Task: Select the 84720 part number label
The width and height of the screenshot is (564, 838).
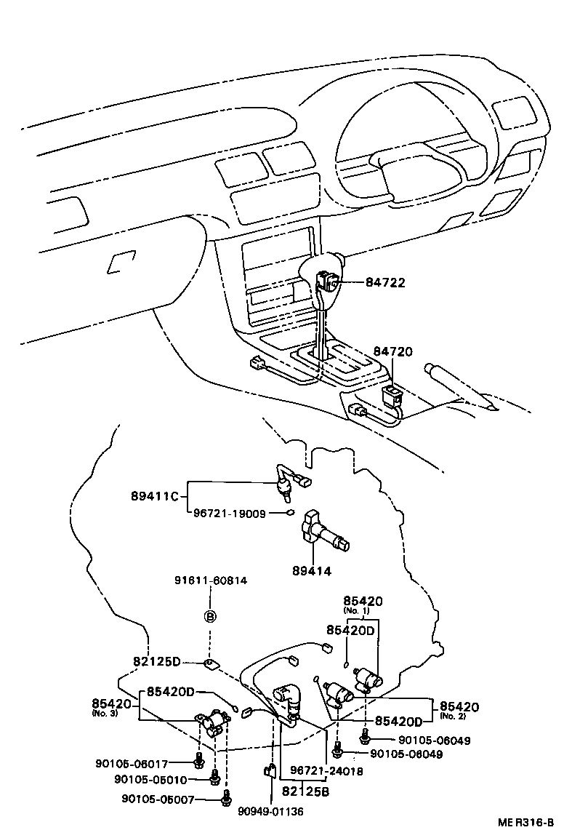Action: (x=392, y=352)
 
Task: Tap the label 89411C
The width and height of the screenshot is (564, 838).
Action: (x=154, y=496)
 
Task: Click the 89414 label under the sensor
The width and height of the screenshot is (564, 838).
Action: (x=313, y=571)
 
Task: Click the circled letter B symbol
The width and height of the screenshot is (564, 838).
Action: (x=210, y=617)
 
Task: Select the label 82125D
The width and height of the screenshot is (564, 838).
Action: (x=156, y=662)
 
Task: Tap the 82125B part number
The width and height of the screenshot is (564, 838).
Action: (x=305, y=790)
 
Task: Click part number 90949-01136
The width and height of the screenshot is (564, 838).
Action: (x=270, y=810)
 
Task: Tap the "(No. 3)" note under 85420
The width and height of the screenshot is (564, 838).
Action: (x=102, y=714)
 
